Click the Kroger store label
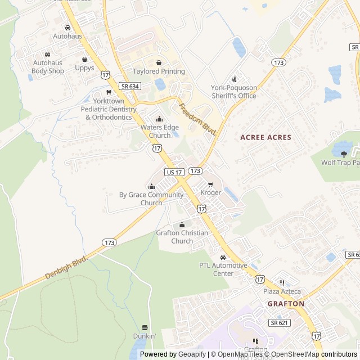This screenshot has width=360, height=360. tap(211, 193)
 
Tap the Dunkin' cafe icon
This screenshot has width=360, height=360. tap(145, 327)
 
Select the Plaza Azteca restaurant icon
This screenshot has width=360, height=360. tap(282, 283)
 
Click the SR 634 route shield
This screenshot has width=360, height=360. tap(129, 86)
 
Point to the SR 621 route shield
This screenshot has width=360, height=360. tap(280, 322)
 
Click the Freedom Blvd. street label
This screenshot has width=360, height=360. tap(197, 118)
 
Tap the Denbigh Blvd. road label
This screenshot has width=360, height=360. tap(66, 268)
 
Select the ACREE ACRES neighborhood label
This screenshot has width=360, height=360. tap(265, 137)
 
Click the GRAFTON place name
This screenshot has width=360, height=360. tap(286, 304)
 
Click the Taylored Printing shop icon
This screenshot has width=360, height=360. tap(159, 62)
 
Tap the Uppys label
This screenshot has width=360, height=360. tap(85, 68)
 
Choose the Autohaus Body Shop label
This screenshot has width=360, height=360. tap(48, 67)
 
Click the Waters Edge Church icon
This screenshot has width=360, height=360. tap(159, 119)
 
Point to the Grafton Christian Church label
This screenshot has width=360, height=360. tap(182, 237)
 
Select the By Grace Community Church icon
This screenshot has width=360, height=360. tap(151, 186)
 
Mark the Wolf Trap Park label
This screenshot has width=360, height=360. tap(340, 163)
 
